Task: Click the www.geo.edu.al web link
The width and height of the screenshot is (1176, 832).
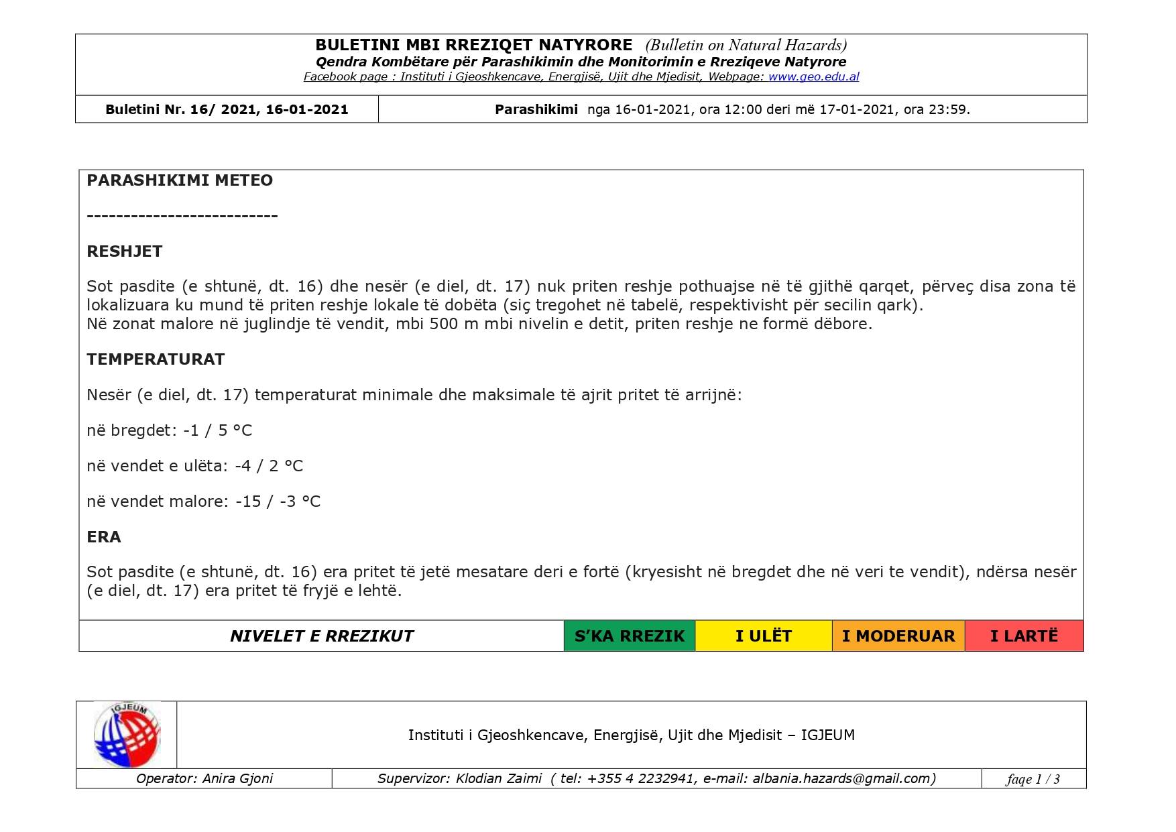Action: click(x=813, y=77)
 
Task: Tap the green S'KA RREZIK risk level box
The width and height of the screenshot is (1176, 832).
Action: click(x=630, y=636)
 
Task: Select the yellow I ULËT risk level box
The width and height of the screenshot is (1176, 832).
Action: click(x=763, y=636)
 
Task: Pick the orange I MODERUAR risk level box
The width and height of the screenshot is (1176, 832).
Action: click(x=898, y=636)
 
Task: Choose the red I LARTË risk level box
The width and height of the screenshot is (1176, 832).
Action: click(x=1024, y=636)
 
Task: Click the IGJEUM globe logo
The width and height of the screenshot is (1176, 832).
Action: click(x=127, y=735)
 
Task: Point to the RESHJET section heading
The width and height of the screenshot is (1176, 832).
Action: click(x=125, y=251)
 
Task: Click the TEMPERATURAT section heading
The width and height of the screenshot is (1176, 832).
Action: click(x=156, y=359)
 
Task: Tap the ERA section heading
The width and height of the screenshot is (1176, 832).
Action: click(x=104, y=537)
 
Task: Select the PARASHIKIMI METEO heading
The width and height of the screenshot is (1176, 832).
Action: click(x=180, y=180)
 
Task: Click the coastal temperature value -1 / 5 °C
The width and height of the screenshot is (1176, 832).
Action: click(x=218, y=430)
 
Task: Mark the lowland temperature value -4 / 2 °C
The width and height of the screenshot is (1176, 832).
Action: click(x=269, y=466)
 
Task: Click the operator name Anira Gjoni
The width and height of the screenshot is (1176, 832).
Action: click(x=237, y=778)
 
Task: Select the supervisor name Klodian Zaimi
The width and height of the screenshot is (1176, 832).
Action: click(x=498, y=778)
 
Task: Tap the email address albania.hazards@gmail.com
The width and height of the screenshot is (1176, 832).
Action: click(x=841, y=778)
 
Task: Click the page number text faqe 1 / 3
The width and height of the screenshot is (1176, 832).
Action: click(x=1033, y=779)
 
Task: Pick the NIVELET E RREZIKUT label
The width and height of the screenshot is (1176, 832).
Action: click(x=322, y=636)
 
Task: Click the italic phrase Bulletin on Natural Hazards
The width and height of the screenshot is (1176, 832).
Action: click(x=746, y=45)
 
